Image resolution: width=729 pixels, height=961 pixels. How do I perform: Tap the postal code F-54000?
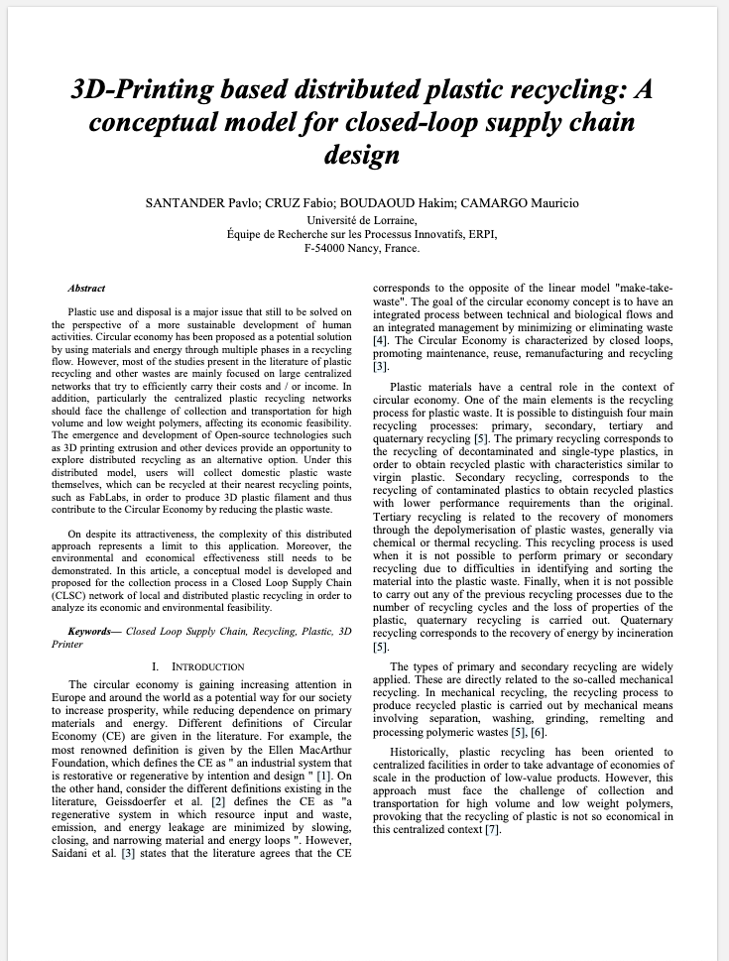pyautogui.click(x=328, y=248)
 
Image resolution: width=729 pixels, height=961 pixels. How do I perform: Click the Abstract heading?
pyautogui.click(x=86, y=289)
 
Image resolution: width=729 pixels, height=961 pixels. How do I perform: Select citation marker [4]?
pyautogui.click(x=380, y=340)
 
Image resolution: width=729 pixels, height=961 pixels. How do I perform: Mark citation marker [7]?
pyautogui.click(x=493, y=829)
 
